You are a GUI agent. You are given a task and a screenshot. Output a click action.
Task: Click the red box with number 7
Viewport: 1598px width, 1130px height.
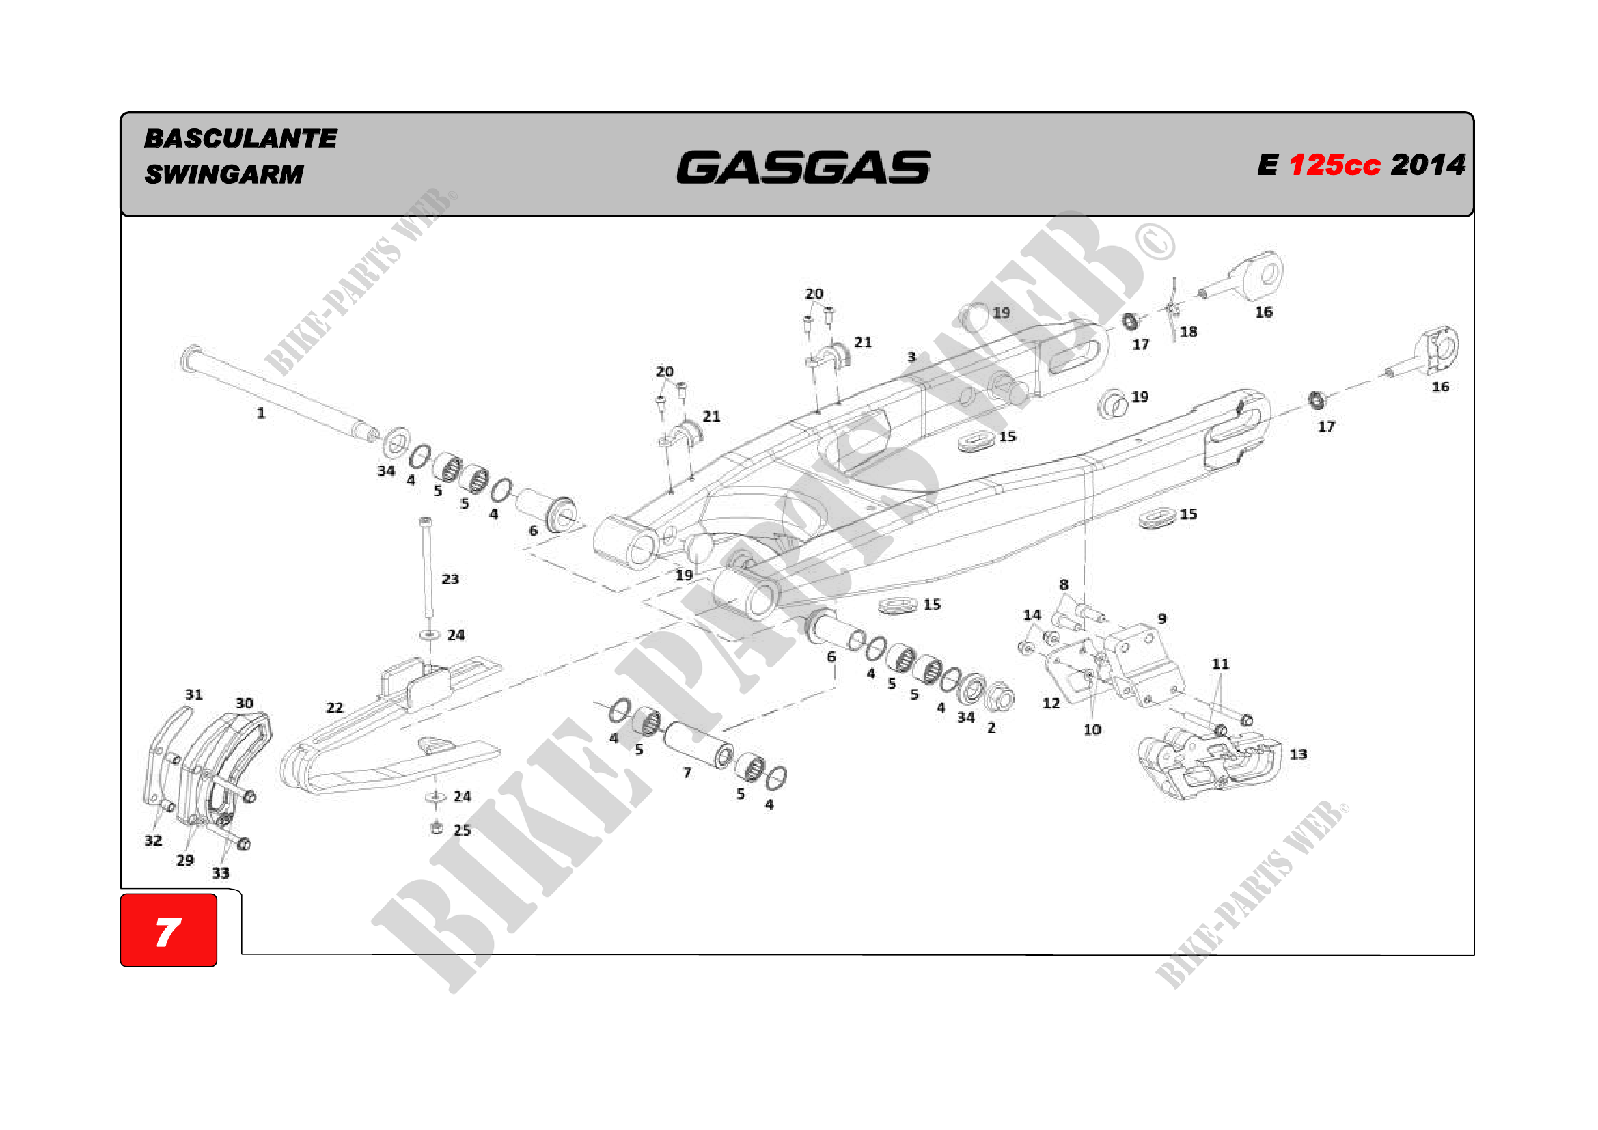point(169,931)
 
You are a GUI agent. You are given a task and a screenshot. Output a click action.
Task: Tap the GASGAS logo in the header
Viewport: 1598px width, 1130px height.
point(803,167)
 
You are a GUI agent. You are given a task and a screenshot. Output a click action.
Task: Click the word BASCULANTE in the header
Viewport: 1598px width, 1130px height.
point(240,139)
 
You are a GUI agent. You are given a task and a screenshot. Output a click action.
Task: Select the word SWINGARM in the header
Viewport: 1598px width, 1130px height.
point(224,174)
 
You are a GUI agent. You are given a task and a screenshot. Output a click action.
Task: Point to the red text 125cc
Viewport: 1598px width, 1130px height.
point(1334,165)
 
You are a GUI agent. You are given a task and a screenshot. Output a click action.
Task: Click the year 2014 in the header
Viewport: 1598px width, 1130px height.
point(1428,165)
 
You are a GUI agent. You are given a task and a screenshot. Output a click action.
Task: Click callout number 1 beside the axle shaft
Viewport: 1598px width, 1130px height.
point(261,413)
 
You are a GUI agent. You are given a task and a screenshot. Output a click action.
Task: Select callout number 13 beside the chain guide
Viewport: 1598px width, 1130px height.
point(1298,754)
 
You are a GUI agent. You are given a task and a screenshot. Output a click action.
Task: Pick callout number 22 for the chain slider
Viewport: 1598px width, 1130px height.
point(335,708)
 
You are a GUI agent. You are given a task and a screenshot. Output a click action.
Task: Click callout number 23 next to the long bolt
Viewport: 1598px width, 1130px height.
point(450,579)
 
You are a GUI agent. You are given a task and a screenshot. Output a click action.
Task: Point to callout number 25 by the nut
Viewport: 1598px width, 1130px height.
point(462,830)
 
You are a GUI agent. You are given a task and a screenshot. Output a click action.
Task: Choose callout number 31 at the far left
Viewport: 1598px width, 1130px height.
point(194,694)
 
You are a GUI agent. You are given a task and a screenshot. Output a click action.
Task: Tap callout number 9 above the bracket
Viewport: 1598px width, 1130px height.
point(1161,618)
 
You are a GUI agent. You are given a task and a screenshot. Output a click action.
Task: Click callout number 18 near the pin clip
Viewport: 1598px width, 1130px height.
point(1188,332)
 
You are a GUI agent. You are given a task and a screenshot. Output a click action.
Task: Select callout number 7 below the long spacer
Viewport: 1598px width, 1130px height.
point(687,773)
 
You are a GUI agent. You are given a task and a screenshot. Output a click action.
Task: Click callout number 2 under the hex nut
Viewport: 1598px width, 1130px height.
point(991,728)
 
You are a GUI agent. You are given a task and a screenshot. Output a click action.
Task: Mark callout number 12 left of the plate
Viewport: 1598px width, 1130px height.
point(1051,704)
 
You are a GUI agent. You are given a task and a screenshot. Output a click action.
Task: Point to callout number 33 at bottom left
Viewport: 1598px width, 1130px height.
point(221,873)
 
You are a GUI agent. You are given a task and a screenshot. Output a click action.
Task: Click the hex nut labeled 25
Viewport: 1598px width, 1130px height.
point(437,827)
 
